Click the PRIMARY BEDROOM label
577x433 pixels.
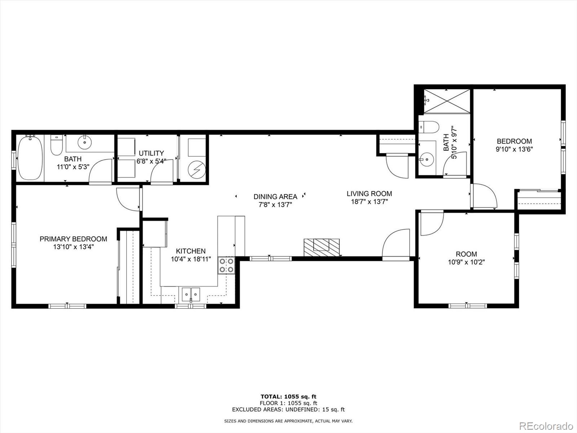pos(73,239)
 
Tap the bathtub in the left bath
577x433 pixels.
pos(30,158)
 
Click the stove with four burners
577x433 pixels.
pos(226,265)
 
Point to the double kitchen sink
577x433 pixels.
pos(191,294)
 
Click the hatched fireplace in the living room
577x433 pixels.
pos(321,247)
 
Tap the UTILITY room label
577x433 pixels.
pos(151,153)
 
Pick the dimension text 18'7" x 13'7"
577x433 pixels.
pos(369,202)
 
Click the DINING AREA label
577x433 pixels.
pos(275,197)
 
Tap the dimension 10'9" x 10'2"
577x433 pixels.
pos(466,262)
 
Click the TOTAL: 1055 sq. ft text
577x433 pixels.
pos(288,397)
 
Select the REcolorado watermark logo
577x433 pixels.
pos(546,425)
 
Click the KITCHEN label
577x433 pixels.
pos(191,251)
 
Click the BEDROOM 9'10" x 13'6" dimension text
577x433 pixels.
pos(514,149)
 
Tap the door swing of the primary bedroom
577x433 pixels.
pos(127,198)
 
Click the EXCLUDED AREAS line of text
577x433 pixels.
pos(288,410)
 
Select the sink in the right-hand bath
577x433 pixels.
pos(427,158)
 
